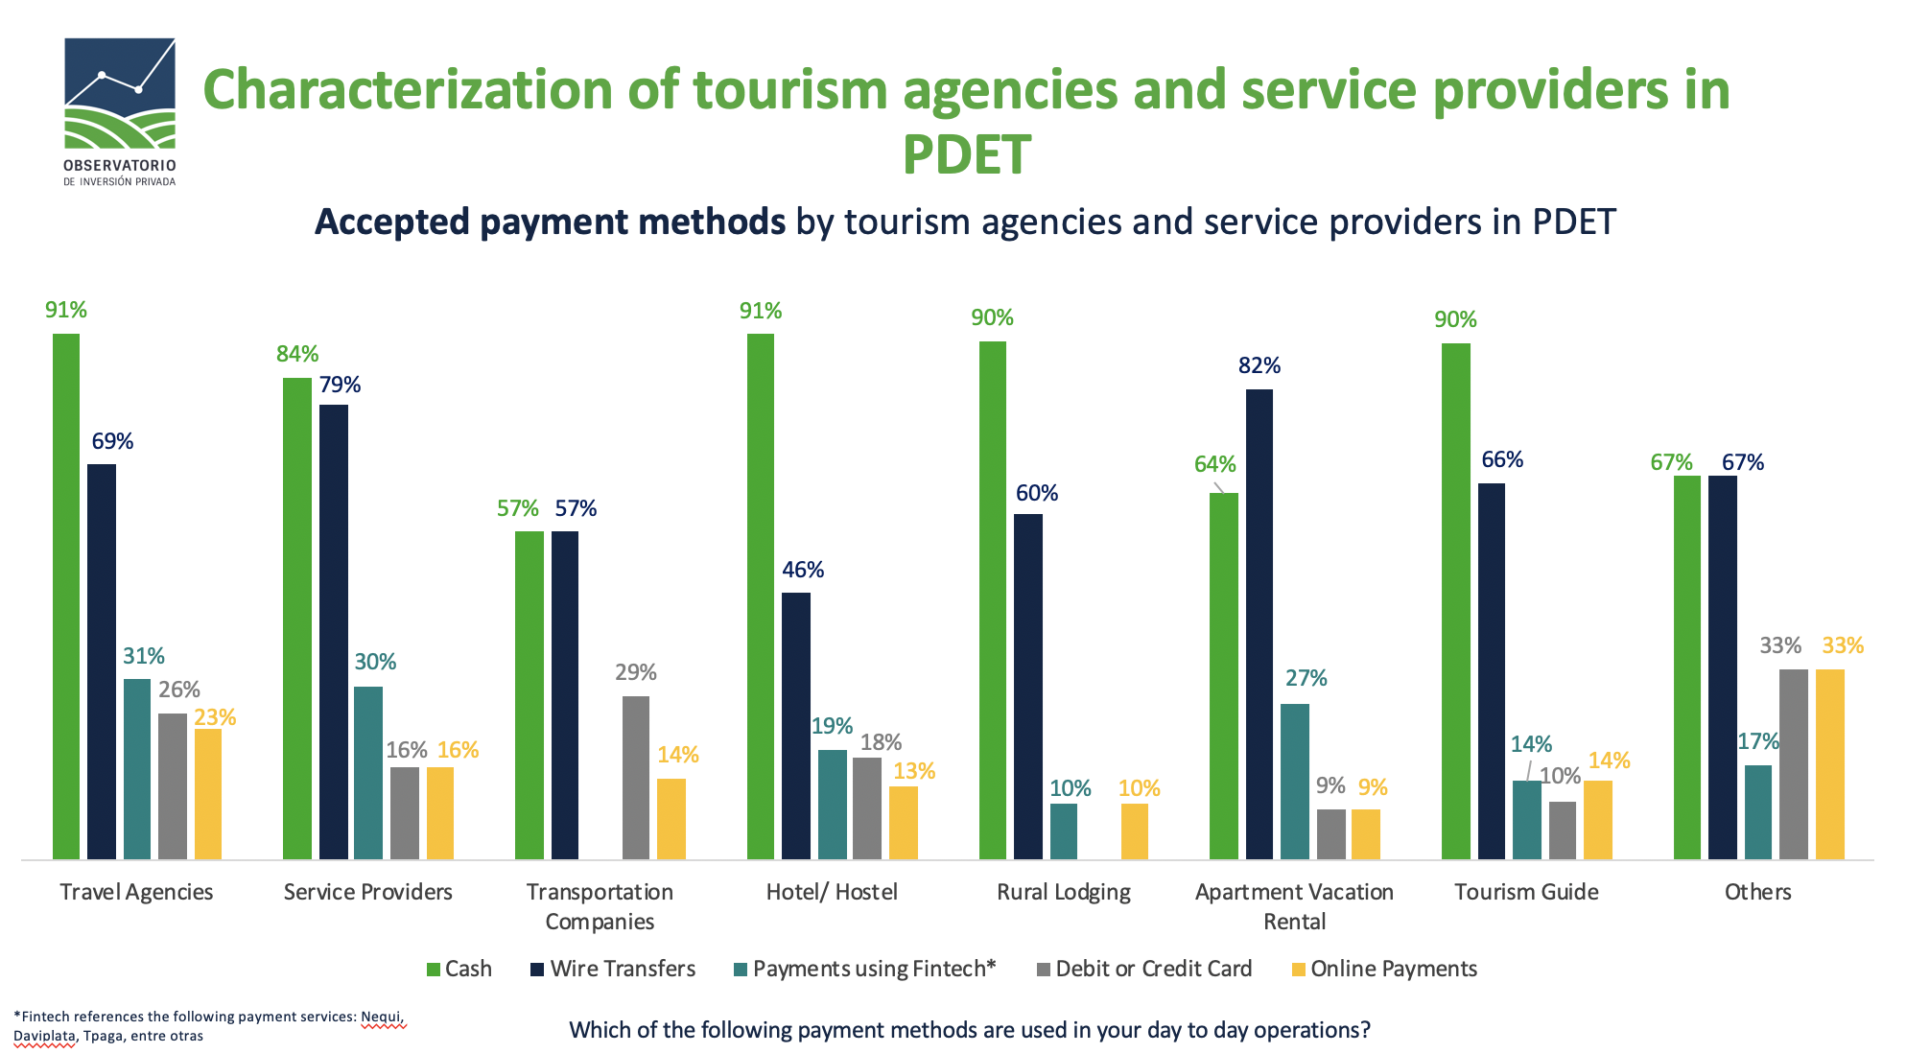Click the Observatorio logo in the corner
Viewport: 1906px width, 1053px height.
pos(120,110)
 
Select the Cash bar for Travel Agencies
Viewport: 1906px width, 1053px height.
pos(66,595)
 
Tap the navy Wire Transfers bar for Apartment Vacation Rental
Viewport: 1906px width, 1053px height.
pos(1259,623)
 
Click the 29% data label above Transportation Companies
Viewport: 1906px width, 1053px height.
pos(635,672)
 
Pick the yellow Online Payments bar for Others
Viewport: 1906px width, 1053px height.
pos(1829,763)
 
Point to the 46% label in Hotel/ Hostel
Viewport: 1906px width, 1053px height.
pos(802,570)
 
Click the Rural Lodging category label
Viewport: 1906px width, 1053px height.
pos(1063,892)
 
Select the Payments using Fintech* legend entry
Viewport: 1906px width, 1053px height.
pos(864,969)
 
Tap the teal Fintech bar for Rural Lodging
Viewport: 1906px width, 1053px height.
pos(1063,831)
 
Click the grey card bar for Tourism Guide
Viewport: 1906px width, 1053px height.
pos(1562,830)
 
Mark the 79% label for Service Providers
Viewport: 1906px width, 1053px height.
pos(340,385)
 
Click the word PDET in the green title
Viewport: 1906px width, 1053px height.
pos(966,155)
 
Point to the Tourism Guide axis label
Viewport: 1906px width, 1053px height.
pos(1525,892)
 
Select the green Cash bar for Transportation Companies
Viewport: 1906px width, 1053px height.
pos(529,694)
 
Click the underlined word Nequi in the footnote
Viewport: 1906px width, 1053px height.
pos(382,1017)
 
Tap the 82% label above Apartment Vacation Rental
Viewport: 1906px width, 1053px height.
pos(1259,365)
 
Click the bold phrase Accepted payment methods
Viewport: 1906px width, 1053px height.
pos(550,222)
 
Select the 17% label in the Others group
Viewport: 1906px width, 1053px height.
pos(1757,741)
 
